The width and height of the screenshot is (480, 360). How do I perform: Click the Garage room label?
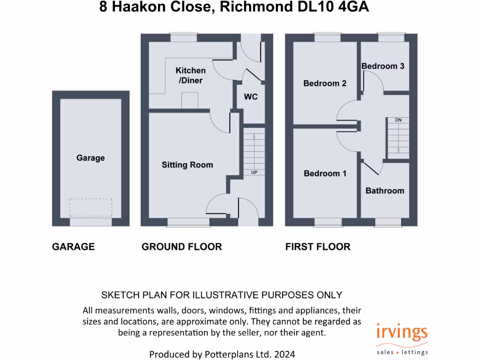pos(90,158)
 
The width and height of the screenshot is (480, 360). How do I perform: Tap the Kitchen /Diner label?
pos(190,75)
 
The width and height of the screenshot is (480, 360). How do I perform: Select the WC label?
pos(251,97)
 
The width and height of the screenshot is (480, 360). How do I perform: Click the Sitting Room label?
pos(187,165)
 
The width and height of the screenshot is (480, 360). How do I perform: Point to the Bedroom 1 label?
pos(325,173)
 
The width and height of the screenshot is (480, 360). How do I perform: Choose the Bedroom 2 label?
pos(325,83)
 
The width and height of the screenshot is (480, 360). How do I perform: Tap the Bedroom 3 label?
pos(382,66)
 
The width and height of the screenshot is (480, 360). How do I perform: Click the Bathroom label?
pos(384,191)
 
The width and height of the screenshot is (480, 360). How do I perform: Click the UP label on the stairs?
pos(255,172)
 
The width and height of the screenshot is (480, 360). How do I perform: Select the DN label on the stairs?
pos(398,120)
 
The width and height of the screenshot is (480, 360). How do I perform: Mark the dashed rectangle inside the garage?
pos(90,207)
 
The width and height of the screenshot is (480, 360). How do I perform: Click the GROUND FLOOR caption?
pos(182,247)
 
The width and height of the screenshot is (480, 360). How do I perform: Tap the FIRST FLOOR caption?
pos(318,247)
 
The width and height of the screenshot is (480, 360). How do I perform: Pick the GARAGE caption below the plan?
pos(73,247)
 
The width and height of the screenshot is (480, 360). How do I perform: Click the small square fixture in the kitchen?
pos(189,99)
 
